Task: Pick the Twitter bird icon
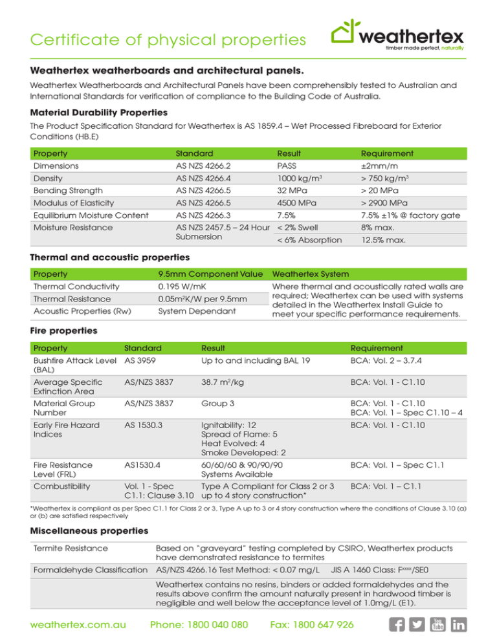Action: pyautogui.click(x=423, y=624)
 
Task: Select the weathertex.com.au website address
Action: pyautogui.click(x=72, y=625)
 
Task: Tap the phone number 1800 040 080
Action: pyautogui.click(x=199, y=625)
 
